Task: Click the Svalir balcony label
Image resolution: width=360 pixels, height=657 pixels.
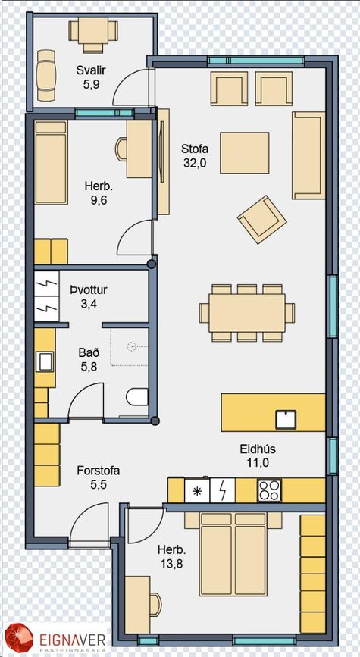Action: pyautogui.click(x=90, y=70)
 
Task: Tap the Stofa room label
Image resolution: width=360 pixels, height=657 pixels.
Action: pyautogui.click(x=195, y=149)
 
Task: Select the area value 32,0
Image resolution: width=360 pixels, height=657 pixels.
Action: pyautogui.click(x=195, y=164)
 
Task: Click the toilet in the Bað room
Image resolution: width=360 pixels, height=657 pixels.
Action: pyautogui.click(x=137, y=396)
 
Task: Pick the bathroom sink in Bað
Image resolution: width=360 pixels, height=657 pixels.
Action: pyautogui.click(x=45, y=362)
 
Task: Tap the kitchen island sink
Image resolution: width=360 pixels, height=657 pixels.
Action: pyautogui.click(x=286, y=419)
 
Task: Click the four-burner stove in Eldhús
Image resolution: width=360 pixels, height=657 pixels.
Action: pyautogui.click(x=269, y=490)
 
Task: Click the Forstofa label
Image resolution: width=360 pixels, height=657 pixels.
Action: pyautogui.click(x=98, y=471)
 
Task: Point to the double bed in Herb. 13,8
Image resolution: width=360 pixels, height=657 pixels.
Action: pyautogui.click(x=233, y=554)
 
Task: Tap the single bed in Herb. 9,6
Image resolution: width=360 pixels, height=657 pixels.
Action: pyautogui.click(x=51, y=163)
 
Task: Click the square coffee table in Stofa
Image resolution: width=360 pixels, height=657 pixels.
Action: pyautogui.click(x=245, y=152)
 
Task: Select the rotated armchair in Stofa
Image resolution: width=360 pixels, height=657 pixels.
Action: pyautogui.click(x=262, y=220)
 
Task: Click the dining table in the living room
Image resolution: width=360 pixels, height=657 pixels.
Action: pyautogui.click(x=247, y=313)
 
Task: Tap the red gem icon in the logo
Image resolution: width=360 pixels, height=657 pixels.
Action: pyautogui.click(x=18, y=639)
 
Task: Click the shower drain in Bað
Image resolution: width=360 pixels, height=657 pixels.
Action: pyautogui.click(x=133, y=346)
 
